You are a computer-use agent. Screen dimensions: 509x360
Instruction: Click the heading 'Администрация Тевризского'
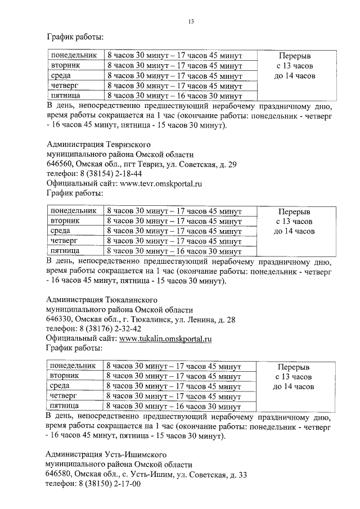pos(101,145)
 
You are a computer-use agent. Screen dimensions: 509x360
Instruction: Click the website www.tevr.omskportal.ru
pos(160,183)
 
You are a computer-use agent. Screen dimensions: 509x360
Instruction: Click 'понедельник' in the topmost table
pos(73,56)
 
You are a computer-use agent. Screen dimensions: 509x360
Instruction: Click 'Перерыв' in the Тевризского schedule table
pos(295,212)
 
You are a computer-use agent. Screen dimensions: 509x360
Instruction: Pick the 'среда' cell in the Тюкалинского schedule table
pos(60,386)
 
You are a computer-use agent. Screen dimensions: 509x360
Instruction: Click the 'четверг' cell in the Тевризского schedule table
pos(63,241)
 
